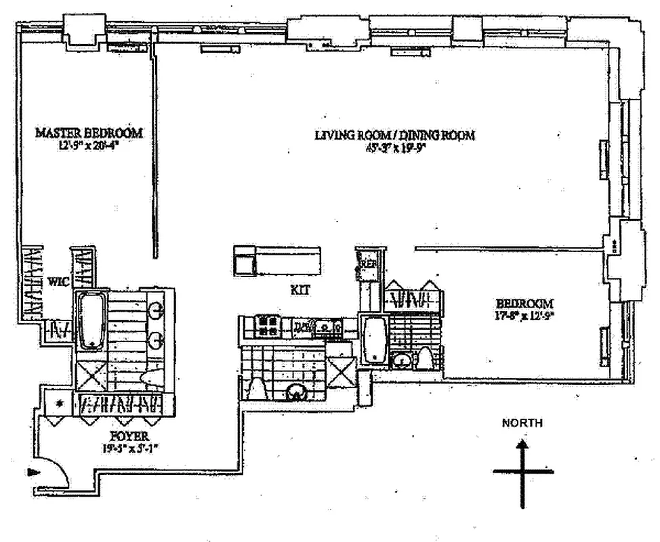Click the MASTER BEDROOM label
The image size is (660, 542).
click(x=89, y=133)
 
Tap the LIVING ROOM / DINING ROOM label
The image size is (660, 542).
click(x=394, y=135)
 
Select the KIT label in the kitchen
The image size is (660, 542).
click(x=300, y=289)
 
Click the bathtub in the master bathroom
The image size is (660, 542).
click(x=89, y=320)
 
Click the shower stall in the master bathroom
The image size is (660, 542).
click(x=91, y=375)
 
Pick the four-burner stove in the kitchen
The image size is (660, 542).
click(x=263, y=327)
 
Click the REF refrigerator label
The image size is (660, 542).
click(x=370, y=263)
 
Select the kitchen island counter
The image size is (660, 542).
click(x=277, y=260)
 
